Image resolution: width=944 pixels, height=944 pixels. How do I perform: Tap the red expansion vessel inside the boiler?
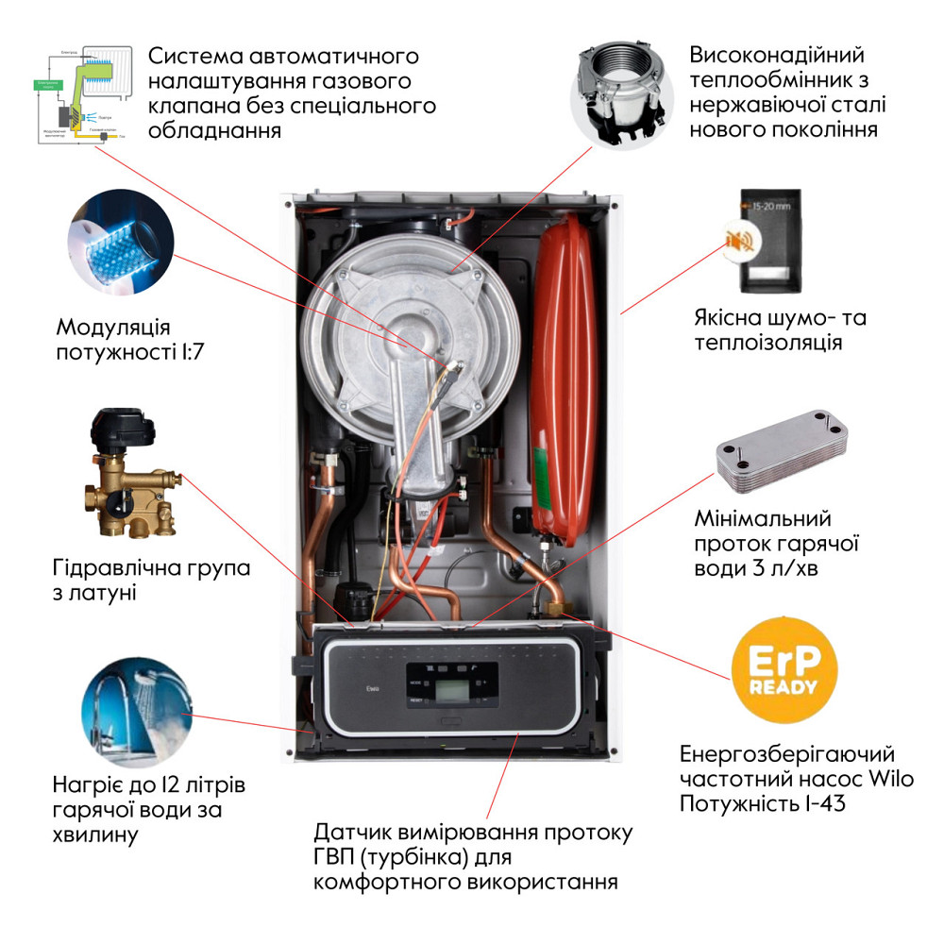(x=565, y=368)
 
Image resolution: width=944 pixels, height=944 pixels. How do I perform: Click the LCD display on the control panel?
(x=445, y=683)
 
